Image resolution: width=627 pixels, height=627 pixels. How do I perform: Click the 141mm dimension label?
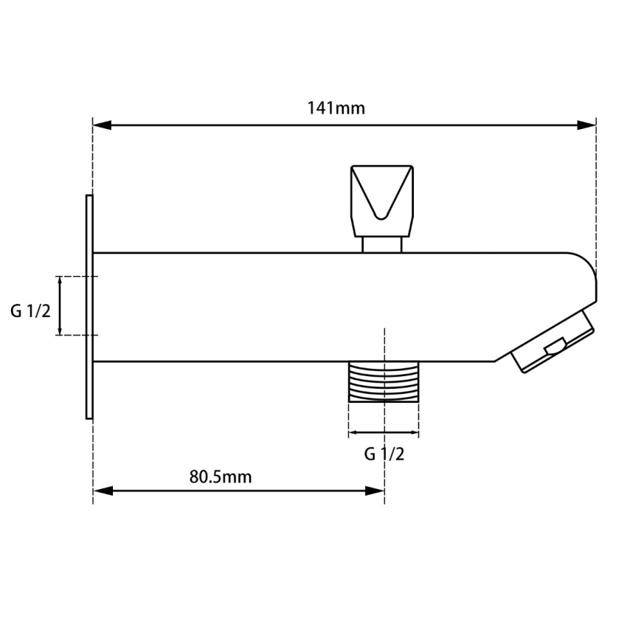[336, 108]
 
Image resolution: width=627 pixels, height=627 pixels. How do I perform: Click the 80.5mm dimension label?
[220, 477]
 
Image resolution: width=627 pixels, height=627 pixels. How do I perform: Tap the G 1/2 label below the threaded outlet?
[384, 454]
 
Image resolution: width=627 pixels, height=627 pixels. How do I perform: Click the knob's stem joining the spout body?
[381, 244]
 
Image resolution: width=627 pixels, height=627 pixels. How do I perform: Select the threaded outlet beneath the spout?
[384, 381]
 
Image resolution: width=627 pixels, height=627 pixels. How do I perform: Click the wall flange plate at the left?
[89, 307]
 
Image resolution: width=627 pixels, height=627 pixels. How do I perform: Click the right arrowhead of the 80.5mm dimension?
[375, 491]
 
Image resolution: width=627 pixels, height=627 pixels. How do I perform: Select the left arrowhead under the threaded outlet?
[354, 433]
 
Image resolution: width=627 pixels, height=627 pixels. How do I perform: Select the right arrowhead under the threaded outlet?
[414, 433]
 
